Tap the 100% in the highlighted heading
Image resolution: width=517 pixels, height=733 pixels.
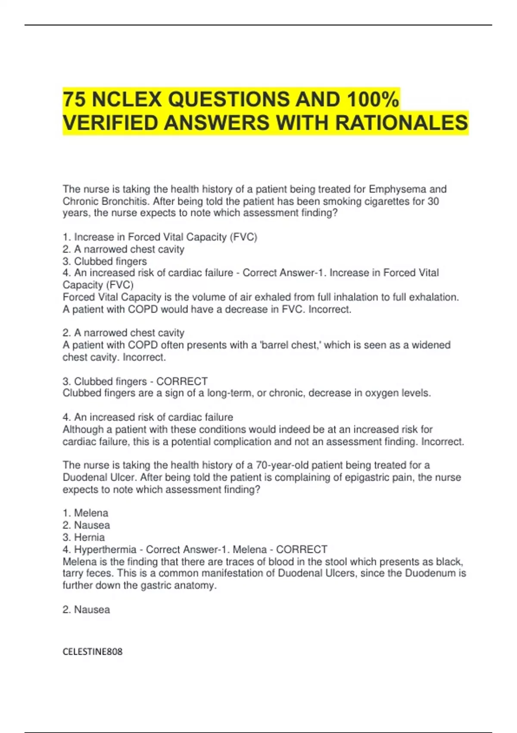pyautogui.click(x=373, y=100)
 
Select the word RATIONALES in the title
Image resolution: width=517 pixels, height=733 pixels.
pyautogui.click(x=402, y=123)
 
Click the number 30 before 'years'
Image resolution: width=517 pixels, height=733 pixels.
pyautogui.click(x=433, y=201)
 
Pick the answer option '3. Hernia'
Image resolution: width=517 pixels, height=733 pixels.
pyautogui.click(x=84, y=537)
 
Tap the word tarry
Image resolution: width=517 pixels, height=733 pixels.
pyautogui.click(x=73, y=573)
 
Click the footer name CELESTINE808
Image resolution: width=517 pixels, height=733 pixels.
pyautogui.click(x=93, y=652)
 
